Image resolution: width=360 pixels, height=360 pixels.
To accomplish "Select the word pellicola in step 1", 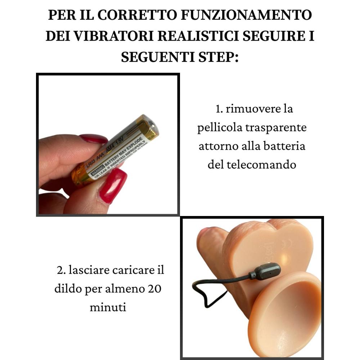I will (x=220, y=128).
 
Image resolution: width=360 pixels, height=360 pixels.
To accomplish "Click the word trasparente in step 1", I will (x=275, y=128).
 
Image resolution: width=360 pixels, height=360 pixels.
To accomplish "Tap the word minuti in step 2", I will (x=108, y=308).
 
